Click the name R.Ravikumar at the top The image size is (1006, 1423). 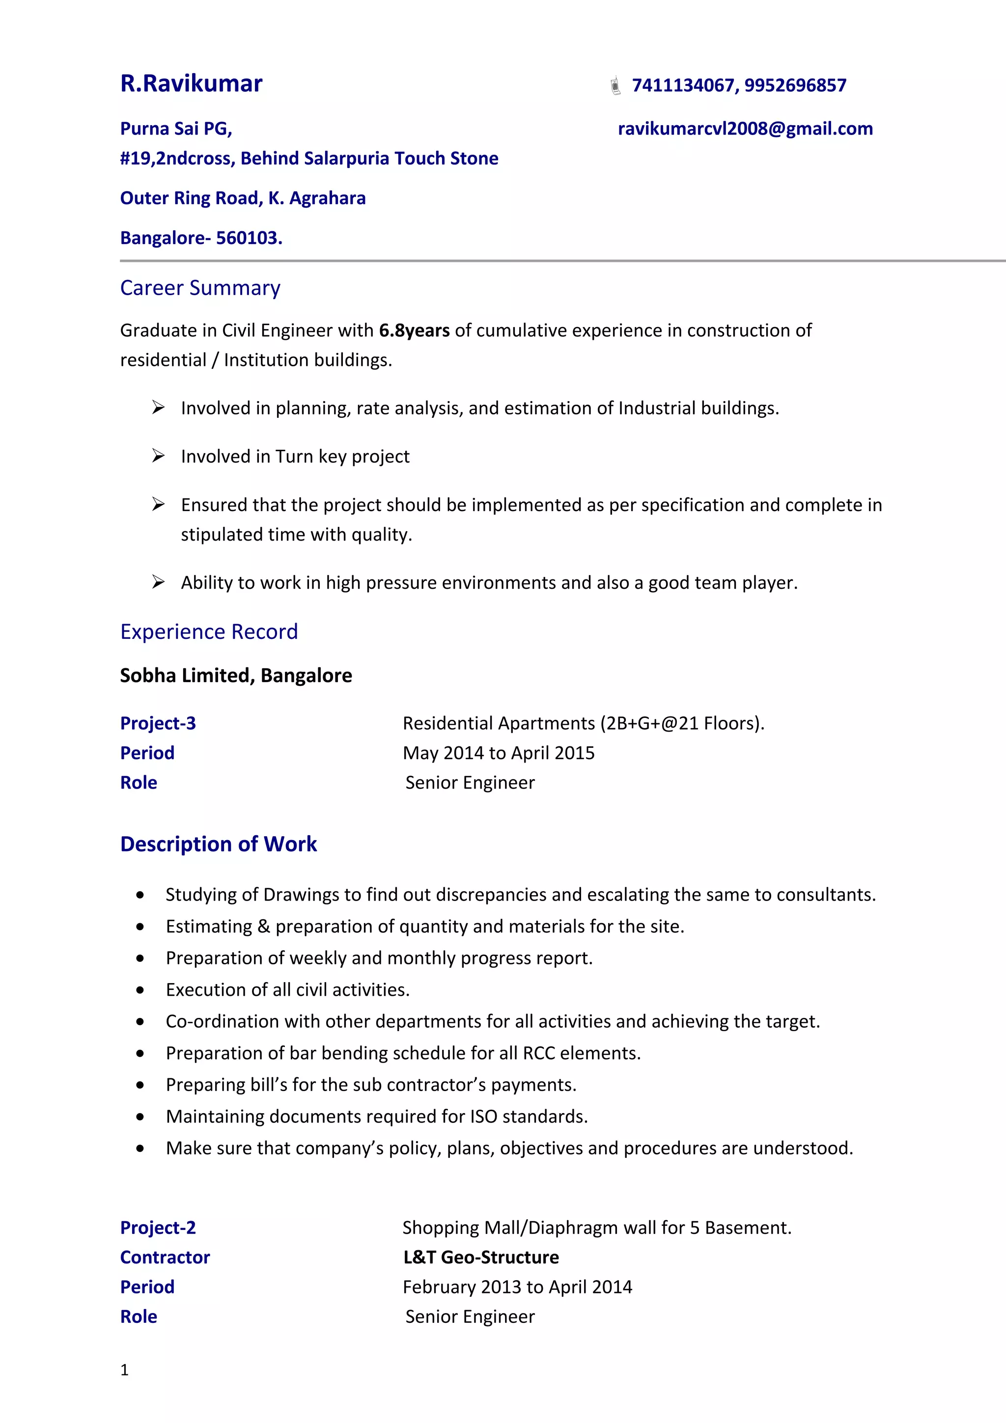tap(191, 83)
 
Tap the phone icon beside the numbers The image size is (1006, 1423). tap(615, 85)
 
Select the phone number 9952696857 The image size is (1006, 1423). tap(795, 85)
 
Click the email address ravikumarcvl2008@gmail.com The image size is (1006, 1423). tap(745, 129)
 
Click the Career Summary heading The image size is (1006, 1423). tap(200, 288)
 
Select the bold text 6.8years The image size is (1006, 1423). tap(414, 330)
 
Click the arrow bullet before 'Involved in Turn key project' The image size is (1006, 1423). tap(158, 456)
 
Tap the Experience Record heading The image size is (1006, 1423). tap(209, 631)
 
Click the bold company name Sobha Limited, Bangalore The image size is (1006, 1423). tap(236, 676)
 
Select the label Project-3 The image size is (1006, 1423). tap(158, 723)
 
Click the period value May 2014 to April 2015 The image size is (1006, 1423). tap(499, 753)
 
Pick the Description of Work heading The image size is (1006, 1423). tap(218, 844)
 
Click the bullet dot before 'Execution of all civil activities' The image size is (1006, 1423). tap(140, 990)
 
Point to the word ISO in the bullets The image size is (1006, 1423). tap(483, 1117)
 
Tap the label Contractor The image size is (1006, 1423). tap(165, 1258)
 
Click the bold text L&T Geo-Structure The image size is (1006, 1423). tap(481, 1258)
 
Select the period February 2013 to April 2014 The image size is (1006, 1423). tap(517, 1287)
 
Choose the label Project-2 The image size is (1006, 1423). tap(158, 1228)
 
